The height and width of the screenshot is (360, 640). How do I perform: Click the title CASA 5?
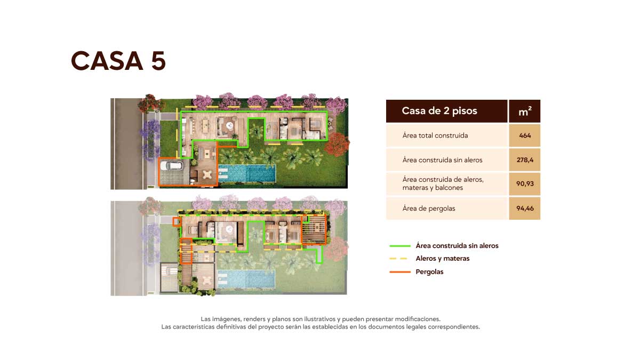118,61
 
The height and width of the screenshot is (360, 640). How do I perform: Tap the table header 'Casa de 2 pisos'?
439,111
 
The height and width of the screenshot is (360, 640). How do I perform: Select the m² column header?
525,111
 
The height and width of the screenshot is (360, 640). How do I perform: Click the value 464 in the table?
525,135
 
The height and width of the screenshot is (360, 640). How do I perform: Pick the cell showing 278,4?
525,159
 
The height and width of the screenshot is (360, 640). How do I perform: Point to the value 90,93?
525,183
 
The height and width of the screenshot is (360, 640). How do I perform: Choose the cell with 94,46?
525,209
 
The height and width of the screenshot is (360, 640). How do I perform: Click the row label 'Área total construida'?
435,135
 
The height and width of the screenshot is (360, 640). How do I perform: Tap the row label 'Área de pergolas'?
429,209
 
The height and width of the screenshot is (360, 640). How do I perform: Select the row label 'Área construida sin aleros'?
442,159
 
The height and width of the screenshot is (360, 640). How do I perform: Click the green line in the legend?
400,246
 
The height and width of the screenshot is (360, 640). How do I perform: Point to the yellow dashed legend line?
398,259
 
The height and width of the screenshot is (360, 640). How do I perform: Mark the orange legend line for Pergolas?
400,271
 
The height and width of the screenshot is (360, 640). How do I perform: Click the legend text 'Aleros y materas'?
443,259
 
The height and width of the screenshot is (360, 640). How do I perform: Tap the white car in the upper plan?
171,166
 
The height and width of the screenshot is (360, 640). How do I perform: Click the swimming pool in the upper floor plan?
247,173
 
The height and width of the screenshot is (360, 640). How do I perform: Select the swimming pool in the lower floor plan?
246,279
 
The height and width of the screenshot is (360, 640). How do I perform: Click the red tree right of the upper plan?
337,145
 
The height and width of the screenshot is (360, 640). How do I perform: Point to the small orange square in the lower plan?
177,222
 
